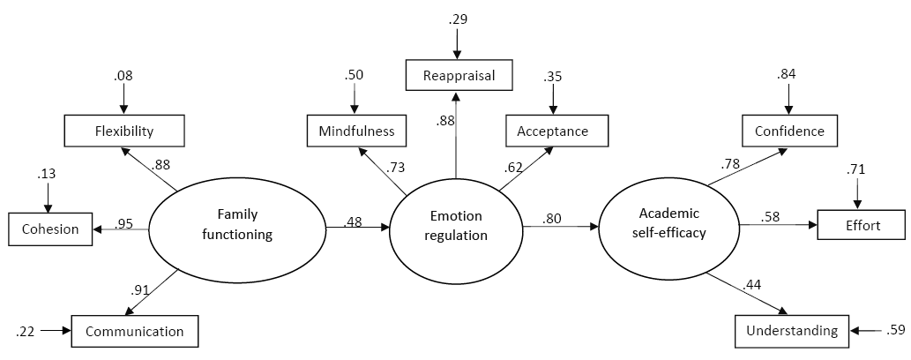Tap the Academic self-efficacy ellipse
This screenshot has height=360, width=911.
click(669, 225)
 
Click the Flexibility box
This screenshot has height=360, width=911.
click(124, 132)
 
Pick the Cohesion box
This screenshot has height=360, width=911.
click(49, 229)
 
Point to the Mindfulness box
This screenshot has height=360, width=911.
click(356, 132)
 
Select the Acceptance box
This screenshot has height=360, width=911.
click(558, 132)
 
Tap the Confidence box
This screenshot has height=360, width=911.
click(789, 131)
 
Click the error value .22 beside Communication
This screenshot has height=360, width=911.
click(26, 332)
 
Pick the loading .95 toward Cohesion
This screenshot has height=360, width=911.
click(123, 224)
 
